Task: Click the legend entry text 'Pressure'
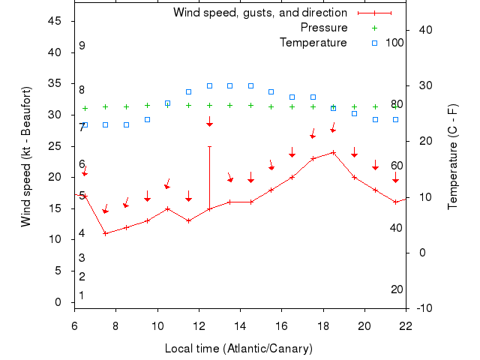[x=324, y=28]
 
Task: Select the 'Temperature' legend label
[x=313, y=43]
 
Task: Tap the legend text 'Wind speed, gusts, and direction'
[x=259, y=13]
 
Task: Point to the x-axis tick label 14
[x=240, y=326]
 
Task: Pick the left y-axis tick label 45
[x=55, y=21]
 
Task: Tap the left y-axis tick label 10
[x=55, y=239]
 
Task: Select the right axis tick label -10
[x=421, y=308]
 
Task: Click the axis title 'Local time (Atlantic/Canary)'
[x=238, y=349]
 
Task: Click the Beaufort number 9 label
[x=82, y=46]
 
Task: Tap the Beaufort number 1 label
[x=82, y=295]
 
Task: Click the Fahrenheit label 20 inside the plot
[x=397, y=289]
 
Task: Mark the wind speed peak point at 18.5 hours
[x=333, y=152]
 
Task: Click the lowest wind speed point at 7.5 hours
[x=106, y=233]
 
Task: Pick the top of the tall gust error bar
[x=209, y=146]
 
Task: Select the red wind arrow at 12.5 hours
[x=210, y=122]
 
